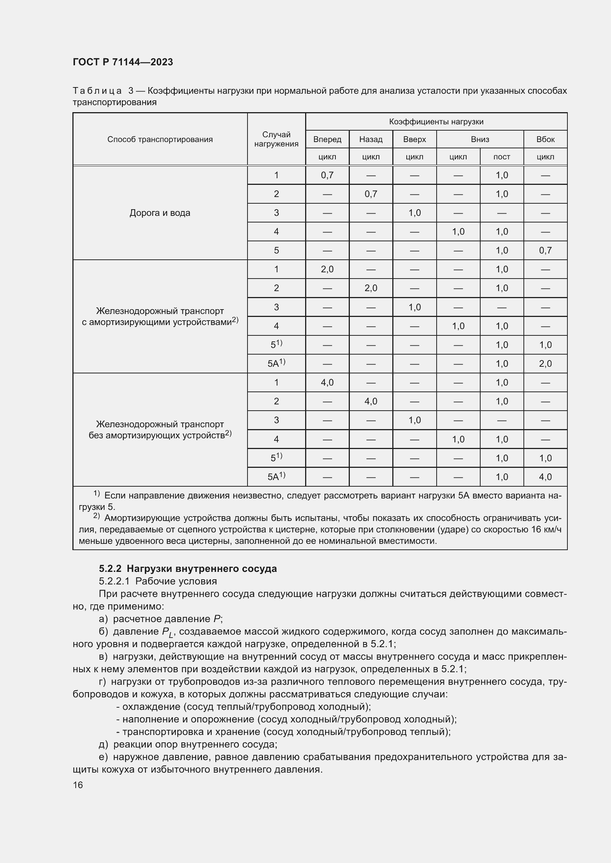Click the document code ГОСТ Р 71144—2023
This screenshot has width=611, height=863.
[123, 62]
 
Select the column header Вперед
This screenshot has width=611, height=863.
[327, 139]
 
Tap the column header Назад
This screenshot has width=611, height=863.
[371, 139]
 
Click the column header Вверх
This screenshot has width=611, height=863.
[414, 139]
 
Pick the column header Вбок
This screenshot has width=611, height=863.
[545, 139]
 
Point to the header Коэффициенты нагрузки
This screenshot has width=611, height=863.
[436, 122]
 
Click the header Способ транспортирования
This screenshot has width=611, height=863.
[160, 139]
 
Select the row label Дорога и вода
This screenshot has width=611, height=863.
[160, 213]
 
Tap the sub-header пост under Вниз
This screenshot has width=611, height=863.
[502, 157]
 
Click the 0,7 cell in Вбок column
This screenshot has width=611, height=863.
[545, 250]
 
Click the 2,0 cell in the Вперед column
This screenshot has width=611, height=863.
[327, 269]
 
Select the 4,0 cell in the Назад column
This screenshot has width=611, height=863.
[371, 401]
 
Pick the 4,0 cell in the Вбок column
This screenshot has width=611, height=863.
[545, 477]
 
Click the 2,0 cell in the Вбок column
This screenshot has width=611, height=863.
[545, 363]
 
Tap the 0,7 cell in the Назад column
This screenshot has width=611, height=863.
[371, 194]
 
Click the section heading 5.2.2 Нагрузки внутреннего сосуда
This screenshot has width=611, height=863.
[188, 569]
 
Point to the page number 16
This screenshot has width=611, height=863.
[78, 785]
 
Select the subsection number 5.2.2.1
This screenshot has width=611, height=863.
[114, 581]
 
